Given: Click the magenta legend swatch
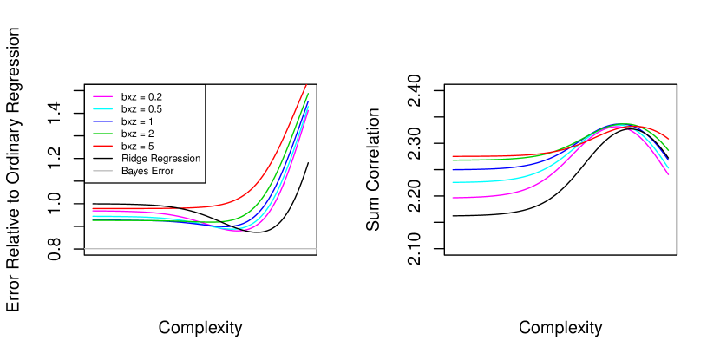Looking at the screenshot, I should click(102, 96).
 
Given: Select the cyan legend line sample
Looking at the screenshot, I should click(102, 108).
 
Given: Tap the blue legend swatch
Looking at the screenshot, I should click(102, 121).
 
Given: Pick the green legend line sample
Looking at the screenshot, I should click(102, 134).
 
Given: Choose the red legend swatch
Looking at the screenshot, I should click(102, 146).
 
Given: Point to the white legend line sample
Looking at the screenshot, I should click(102, 171).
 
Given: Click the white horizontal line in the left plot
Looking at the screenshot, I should click(200, 249).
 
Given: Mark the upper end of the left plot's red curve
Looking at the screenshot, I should click(306, 85).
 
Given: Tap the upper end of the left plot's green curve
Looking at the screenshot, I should click(308, 93).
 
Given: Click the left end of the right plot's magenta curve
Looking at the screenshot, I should click(453, 198).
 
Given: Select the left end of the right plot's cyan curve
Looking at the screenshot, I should click(453, 182).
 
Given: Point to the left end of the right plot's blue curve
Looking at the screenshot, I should click(453, 170).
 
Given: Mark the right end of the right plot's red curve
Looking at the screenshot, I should click(668, 139).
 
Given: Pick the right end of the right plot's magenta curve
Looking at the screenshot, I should click(668, 174).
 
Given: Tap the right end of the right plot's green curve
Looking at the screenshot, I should click(668, 150).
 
